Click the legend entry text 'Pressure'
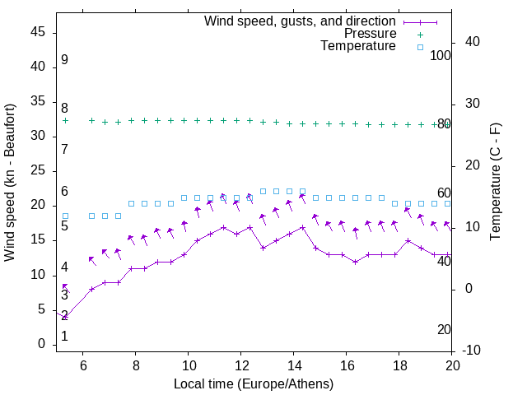pyautogui.click(x=370, y=34)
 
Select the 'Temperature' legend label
pyautogui.click(x=358, y=47)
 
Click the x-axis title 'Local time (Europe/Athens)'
pyautogui.click(x=254, y=383)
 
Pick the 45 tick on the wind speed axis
pyautogui.click(x=38, y=32)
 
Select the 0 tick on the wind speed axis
pyautogui.click(x=41, y=344)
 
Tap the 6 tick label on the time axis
pyautogui.click(x=83, y=365)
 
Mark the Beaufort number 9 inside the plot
pyautogui.click(x=64, y=60)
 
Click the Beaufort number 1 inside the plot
pyautogui.click(x=64, y=337)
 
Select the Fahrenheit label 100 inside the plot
pyautogui.click(x=441, y=56)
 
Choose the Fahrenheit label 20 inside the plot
pyautogui.click(x=444, y=329)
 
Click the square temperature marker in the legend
pyautogui.click(x=420, y=48)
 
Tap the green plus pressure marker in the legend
pyautogui.click(x=420, y=35)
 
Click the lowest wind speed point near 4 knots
pyautogui.click(x=65, y=316)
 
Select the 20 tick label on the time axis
pyautogui.click(x=452, y=365)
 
